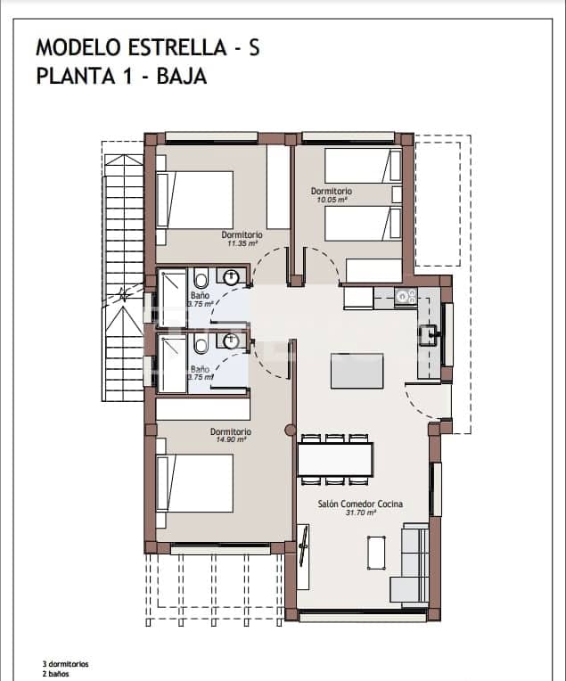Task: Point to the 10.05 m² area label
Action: click(x=332, y=201)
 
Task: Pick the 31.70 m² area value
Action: click(x=360, y=513)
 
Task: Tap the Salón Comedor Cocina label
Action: click(x=360, y=504)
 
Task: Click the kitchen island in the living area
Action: click(x=357, y=371)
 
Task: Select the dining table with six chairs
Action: click(x=334, y=460)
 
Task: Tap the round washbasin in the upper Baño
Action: click(x=234, y=276)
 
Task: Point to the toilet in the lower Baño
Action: click(x=201, y=345)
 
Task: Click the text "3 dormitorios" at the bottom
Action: click(x=65, y=664)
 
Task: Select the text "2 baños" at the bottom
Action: click(x=55, y=675)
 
